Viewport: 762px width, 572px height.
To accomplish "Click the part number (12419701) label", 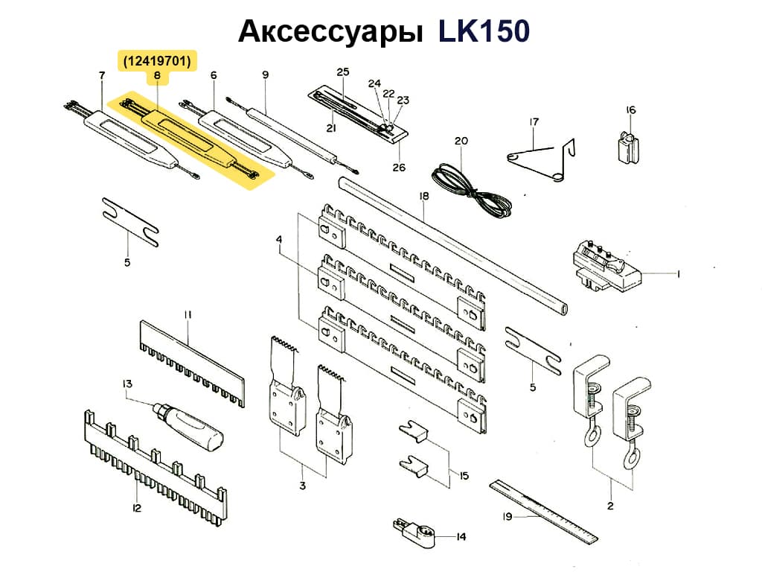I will (x=157, y=60).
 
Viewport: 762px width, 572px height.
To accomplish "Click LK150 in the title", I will (x=483, y=31).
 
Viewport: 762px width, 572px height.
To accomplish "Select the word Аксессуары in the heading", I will (x=328, y=31).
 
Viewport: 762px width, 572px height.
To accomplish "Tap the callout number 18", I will (x=424, y=197).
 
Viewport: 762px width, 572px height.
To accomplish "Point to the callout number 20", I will (x=461, y=141).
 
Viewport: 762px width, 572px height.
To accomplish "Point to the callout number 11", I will (x=188, y=315).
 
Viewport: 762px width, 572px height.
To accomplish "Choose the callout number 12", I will (x=136, y=508).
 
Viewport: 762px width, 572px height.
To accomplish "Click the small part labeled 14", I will (x=414, y=530).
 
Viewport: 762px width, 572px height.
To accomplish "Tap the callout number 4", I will (x=279, y=240).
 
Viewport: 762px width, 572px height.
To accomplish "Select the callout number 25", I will (x=342, y=72).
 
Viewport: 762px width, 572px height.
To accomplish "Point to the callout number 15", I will (x=464, y=474).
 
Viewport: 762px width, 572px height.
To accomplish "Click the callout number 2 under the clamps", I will (x=610, y=506).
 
